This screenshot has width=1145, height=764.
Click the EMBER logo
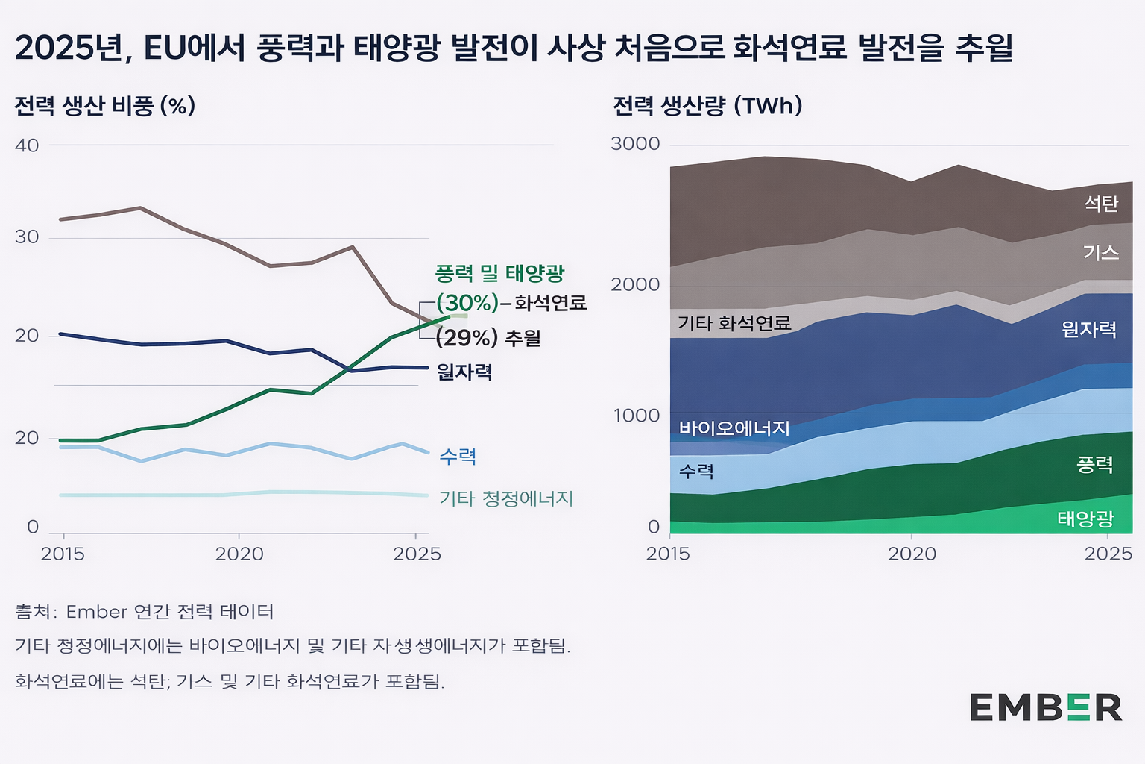pos(1045,707)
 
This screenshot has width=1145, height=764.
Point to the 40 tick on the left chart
pos(27,145)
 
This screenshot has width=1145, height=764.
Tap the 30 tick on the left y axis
pos(27,237)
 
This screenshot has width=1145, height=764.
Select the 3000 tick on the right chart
pos(635,143)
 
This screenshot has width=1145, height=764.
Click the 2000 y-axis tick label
pos(635,284)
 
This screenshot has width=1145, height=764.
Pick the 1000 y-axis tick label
pos(637,415)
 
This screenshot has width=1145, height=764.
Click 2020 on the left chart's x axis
pos(239,554)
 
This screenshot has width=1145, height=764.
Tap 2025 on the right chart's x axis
pos(1108,554)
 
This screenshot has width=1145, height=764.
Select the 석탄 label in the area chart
pos(1101,204)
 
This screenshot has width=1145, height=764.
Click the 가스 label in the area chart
pos(1101,252)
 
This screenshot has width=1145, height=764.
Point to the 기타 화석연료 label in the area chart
pos(734,323)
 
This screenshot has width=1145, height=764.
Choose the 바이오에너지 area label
pos(734,428)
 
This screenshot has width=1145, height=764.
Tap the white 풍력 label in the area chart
pos(1095,465)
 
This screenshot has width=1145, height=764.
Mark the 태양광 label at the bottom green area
pos(1085,519)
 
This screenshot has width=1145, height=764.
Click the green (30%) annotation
pos(467,303)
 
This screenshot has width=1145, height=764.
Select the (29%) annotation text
pos(467,338)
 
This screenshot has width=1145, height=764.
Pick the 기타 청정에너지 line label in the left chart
pos(506,498)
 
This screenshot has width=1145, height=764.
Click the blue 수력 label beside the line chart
pos(458,456)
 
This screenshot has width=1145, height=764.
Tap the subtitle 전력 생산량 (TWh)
pos(707,106)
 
